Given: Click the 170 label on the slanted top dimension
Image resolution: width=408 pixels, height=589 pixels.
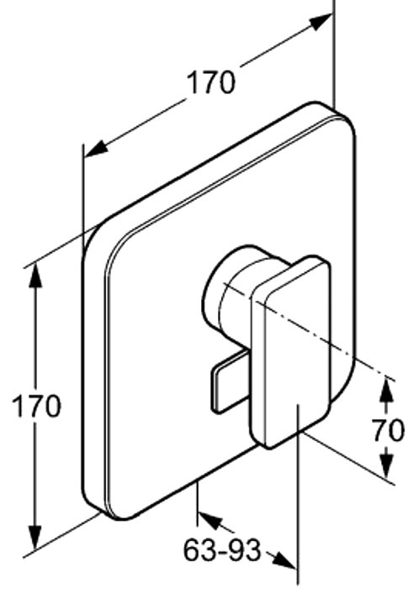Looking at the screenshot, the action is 212,82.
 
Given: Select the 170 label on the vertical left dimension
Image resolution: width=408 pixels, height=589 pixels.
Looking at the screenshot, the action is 36,406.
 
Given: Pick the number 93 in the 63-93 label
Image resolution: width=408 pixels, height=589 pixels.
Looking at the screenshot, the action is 244,550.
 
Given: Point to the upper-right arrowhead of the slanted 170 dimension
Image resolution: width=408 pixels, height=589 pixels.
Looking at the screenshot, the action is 321,22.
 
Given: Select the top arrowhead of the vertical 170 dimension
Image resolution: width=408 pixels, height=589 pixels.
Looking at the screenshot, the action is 35,276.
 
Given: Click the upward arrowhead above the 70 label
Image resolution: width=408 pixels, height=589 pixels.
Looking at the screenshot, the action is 386,391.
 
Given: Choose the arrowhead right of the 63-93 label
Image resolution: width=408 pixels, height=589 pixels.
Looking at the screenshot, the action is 283,560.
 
